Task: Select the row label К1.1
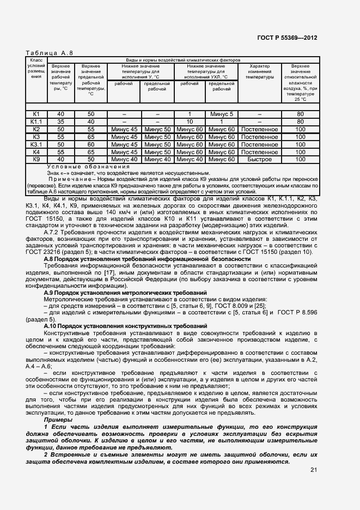click(36, 122)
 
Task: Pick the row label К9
click(36, 159)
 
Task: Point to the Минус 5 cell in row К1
click(221, 114)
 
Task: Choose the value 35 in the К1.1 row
click(60, 122)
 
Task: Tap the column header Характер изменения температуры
click(259, 71)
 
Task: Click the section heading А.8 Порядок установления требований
click(147, 259)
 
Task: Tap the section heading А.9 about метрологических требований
click(125, 293)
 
